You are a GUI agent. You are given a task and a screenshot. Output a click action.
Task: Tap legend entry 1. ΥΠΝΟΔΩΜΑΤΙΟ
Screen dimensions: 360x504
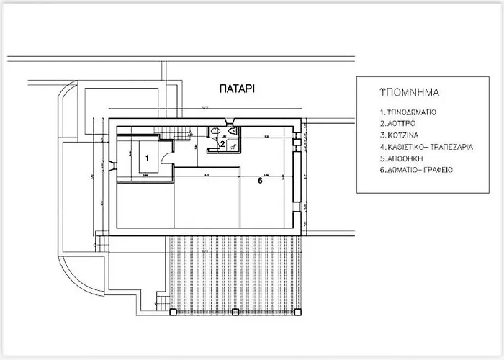point(408,113)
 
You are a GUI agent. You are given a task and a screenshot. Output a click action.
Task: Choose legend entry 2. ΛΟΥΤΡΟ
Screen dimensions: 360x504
point(398,125)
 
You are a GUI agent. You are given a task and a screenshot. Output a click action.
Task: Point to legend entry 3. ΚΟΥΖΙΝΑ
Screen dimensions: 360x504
point(400,135)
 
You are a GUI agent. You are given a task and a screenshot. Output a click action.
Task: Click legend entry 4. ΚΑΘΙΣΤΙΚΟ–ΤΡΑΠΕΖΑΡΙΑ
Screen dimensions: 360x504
point(426,147)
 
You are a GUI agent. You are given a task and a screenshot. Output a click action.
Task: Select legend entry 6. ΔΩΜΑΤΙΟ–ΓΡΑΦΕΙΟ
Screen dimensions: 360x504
point(415,170)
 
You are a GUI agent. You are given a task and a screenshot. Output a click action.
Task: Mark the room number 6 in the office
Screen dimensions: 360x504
point(260,181)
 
